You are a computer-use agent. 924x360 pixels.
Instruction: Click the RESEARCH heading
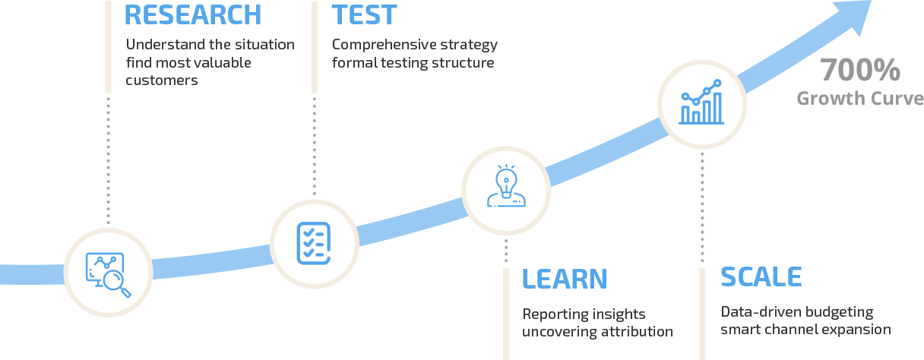click(193, 15)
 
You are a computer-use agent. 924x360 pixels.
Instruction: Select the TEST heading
click(364, 15)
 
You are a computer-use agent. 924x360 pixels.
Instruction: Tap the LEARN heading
click(565, 279)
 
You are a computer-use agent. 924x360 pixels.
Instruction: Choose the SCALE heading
click(761, 276)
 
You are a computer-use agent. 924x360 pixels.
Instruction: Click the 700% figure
click(860, 70)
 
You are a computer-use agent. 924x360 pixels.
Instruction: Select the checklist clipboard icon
click(314, 243)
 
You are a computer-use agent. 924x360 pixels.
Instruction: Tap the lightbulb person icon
click(506, 185)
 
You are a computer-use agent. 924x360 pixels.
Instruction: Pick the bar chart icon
click(701, 102)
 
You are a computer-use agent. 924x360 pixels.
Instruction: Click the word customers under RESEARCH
click(162, 80)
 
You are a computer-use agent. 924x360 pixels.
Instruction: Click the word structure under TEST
click(463, 63)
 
